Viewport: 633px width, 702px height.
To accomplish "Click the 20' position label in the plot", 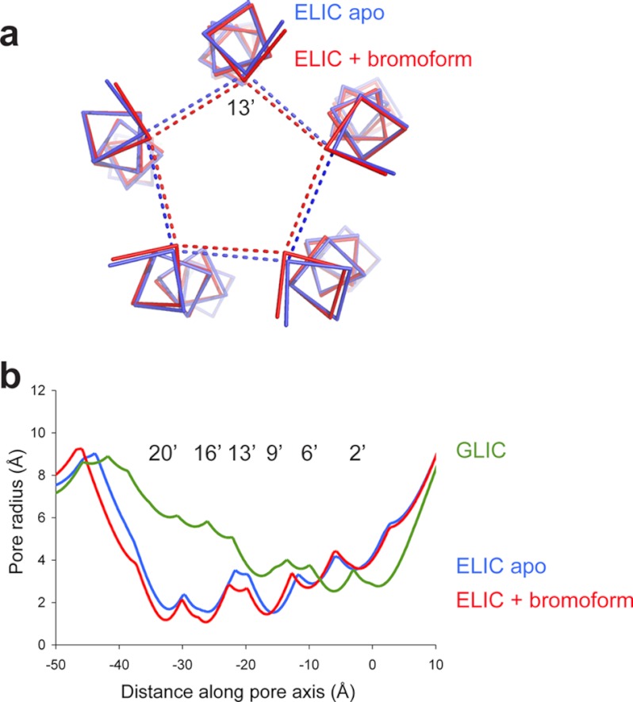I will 163,453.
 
